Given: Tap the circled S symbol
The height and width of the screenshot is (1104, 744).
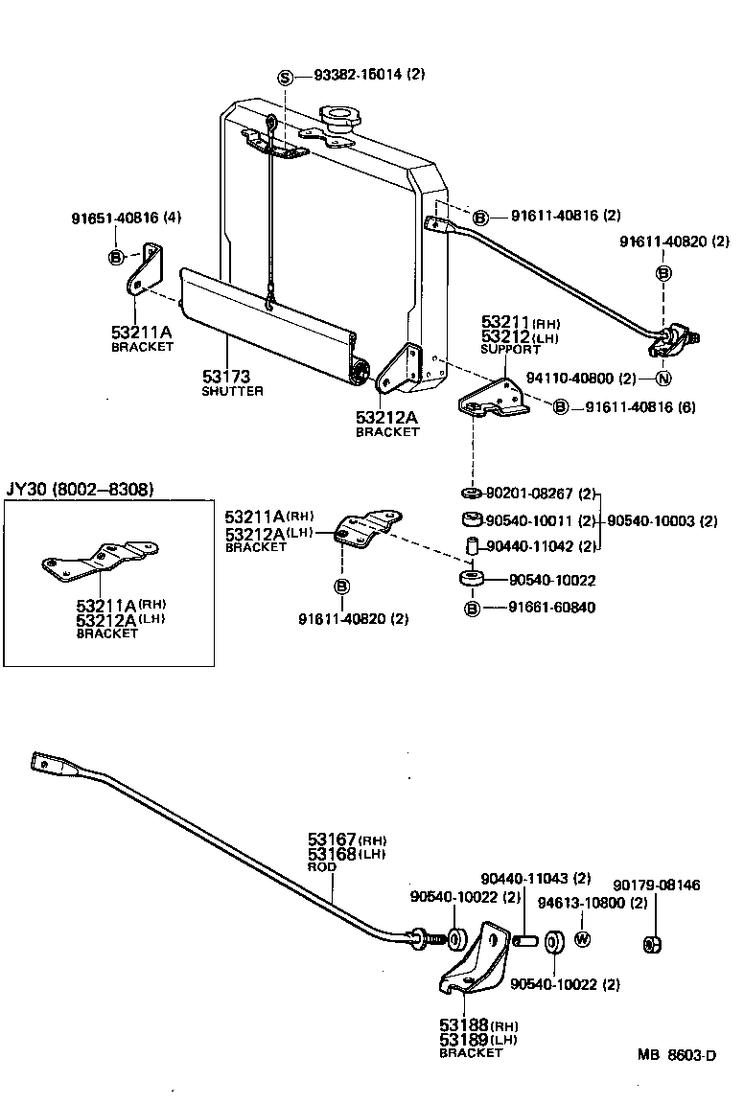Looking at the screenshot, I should (x=285, y=77).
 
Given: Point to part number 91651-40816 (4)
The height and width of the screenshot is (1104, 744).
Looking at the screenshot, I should (x=125, y=218).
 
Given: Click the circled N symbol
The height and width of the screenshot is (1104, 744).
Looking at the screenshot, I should (x=663, y=378).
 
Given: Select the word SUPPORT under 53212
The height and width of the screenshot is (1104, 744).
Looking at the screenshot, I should (x=511, y=350).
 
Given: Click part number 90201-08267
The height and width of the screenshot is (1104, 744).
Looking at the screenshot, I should (x=529, y=494).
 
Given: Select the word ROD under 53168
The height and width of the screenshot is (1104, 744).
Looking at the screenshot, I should (x=323, y=866).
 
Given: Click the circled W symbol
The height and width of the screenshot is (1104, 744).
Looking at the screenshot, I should (x=581, y=938).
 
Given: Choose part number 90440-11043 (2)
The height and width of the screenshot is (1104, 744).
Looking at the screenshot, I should (x=535, y=878).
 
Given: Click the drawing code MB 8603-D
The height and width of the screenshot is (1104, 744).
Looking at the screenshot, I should (x=677, y=1055).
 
